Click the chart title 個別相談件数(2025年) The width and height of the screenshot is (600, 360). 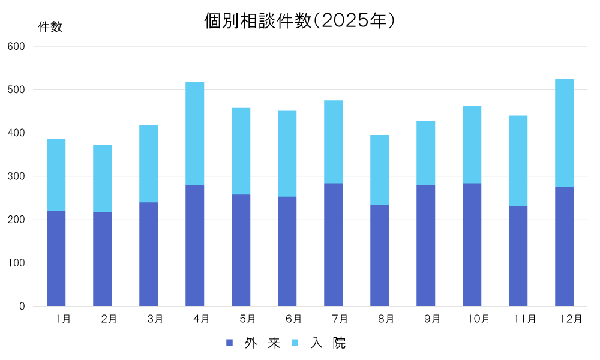[x=299, y=21]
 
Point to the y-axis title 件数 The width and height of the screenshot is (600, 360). [x=50, y=27]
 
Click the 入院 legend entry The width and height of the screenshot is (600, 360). [x=320, y=343]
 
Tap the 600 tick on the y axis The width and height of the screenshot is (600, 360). [x=17, y=46]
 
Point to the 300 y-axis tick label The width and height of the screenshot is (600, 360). [x=17, y=176]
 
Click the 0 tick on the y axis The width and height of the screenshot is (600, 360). [x=22, y=307]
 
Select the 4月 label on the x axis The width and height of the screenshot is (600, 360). [x=202, y=319]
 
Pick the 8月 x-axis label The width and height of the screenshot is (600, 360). [x=386, y=319]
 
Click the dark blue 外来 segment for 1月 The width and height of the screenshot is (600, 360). [x=56, y=259]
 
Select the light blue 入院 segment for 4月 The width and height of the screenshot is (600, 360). [x=195, y=133]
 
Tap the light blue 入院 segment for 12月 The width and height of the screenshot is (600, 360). [x=564, y=133]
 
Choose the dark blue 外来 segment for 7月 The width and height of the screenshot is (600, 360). [x=334, y=245]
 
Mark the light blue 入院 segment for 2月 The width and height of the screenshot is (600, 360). [x=103, y=178]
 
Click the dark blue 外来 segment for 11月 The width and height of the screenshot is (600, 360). [x=518, y=256]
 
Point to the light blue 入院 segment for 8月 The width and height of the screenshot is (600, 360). [x=380, y=170]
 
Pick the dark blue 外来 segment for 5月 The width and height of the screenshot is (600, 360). [x=241, y=250]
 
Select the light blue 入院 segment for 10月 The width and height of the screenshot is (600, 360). [x=472, y=145]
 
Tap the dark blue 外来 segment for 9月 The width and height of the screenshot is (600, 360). [x=426, y=246]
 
